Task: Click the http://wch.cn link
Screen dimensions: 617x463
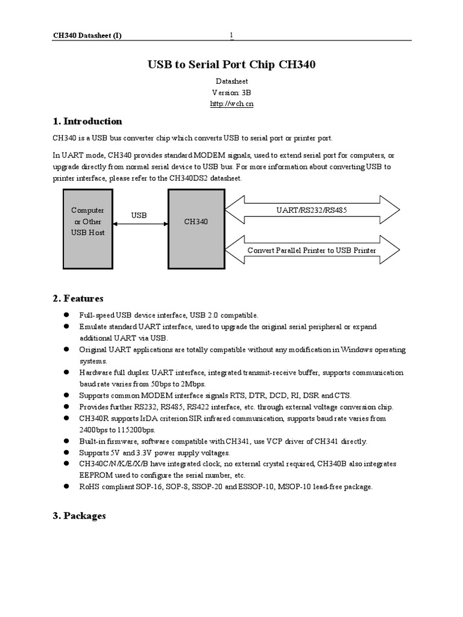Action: [x=231, y=104]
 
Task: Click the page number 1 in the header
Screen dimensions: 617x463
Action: [x=231, y=36]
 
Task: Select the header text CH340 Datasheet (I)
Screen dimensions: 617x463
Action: [x=87, y=36]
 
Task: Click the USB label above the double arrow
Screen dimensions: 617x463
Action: [x=139, y=215]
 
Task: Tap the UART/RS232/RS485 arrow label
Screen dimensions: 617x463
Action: [x=311, y=210]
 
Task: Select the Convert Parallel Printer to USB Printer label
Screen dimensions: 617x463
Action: [x=312, y=251]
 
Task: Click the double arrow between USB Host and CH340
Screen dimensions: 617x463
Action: [x=140, y=224]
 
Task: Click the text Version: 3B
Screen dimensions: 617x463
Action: [x=231, y=92]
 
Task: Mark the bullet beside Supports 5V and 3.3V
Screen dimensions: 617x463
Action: [x=65, y=453]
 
